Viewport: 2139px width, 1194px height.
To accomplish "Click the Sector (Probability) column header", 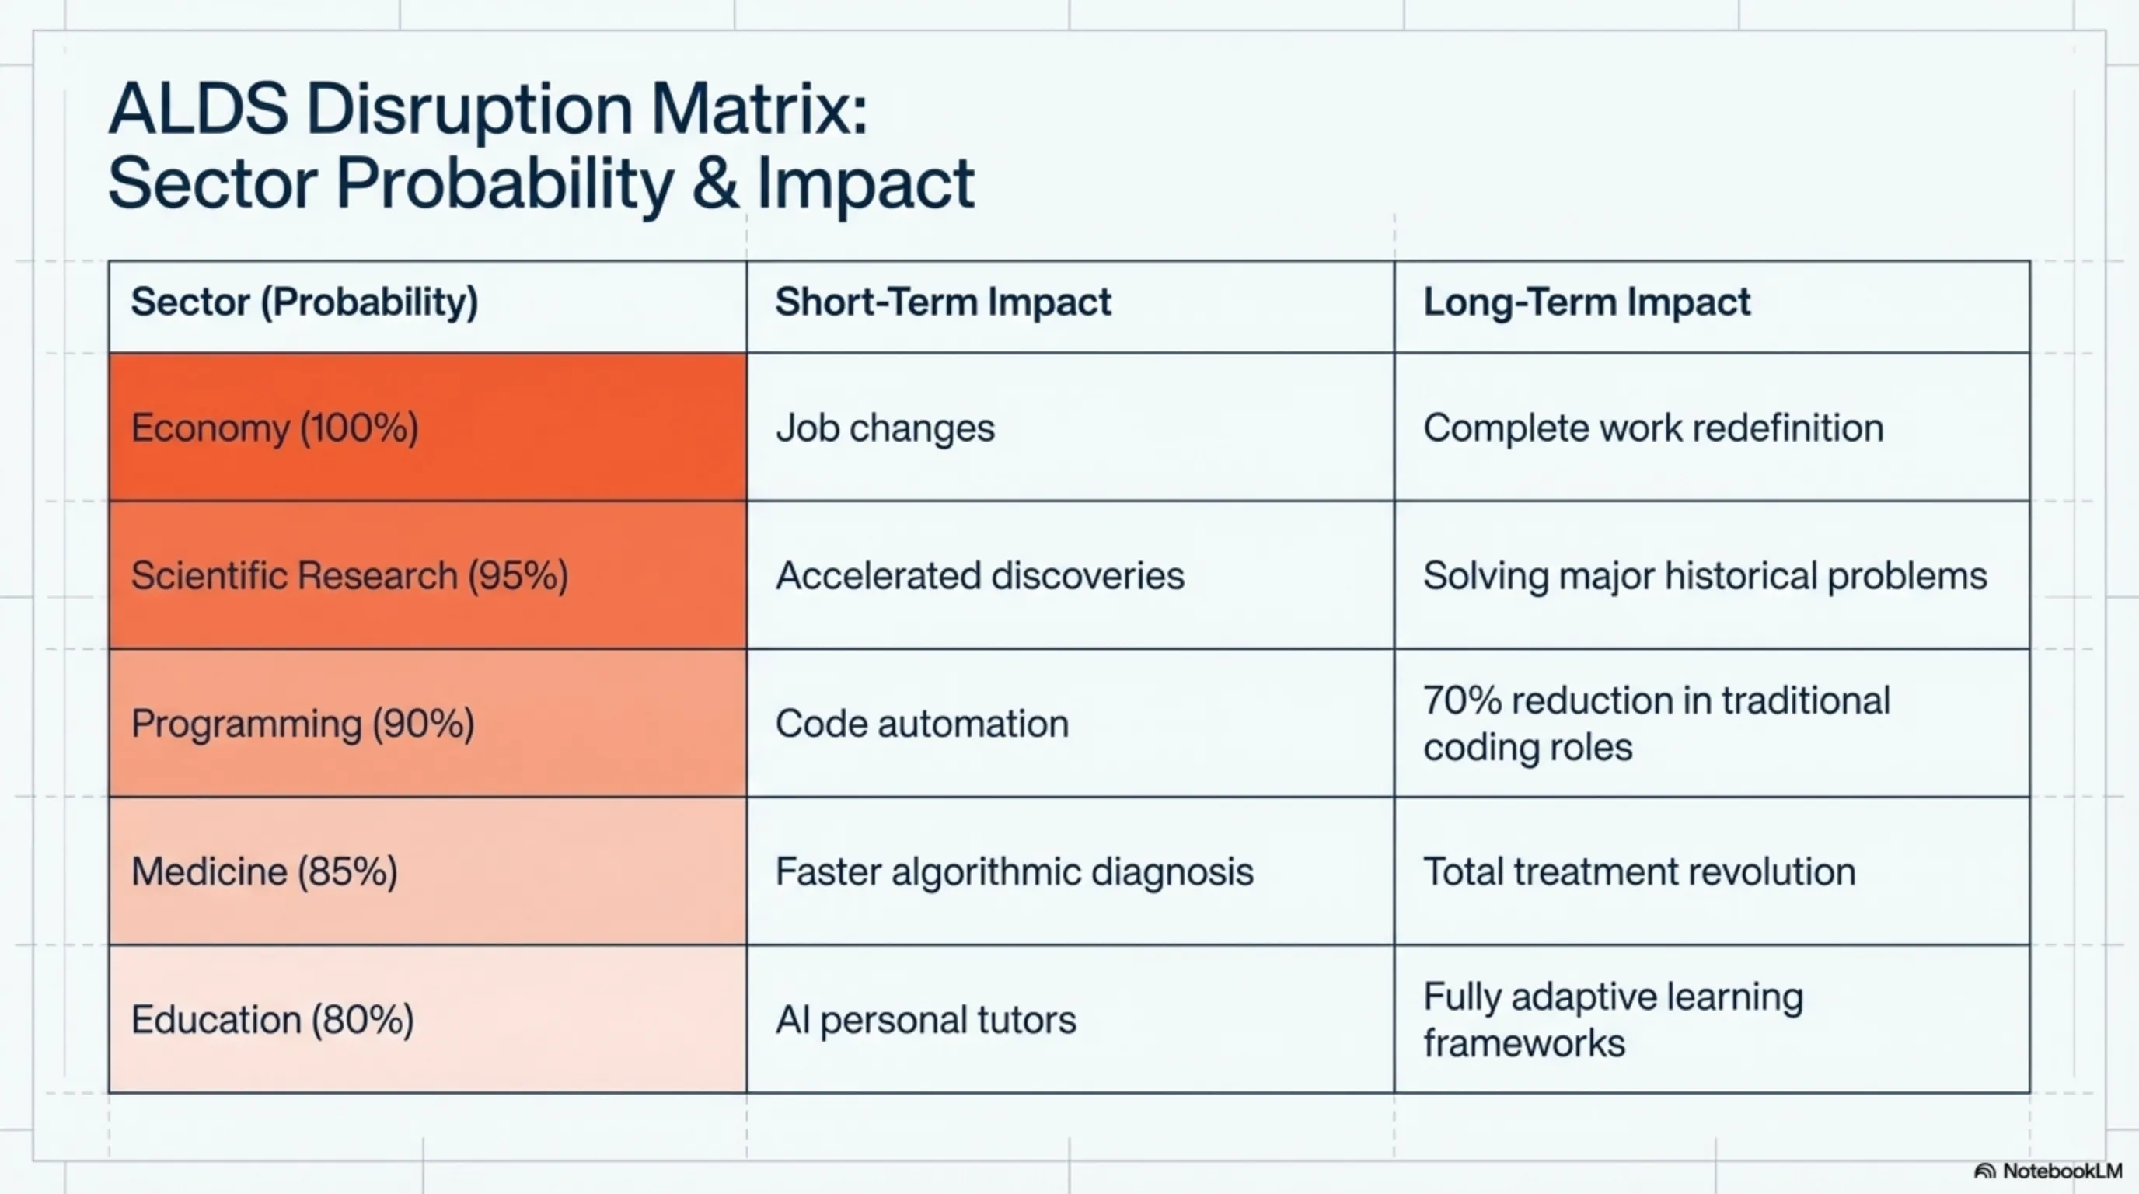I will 304,302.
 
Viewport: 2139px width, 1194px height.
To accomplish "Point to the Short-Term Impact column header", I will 943,302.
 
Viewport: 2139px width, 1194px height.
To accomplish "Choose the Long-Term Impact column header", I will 1586,302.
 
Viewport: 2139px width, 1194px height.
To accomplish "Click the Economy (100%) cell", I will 275,428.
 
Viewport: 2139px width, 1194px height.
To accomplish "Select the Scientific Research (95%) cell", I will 350,575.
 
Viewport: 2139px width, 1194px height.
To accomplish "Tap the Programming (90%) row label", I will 303,724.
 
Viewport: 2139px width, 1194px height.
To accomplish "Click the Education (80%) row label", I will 272,1020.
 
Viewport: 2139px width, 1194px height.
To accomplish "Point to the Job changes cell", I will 885,428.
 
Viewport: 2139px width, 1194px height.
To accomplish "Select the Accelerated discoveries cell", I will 980,575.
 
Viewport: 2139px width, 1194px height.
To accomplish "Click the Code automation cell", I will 922,724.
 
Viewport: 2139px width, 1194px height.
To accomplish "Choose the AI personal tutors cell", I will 925,1020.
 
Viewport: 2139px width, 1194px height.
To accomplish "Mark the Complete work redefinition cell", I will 1652,428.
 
